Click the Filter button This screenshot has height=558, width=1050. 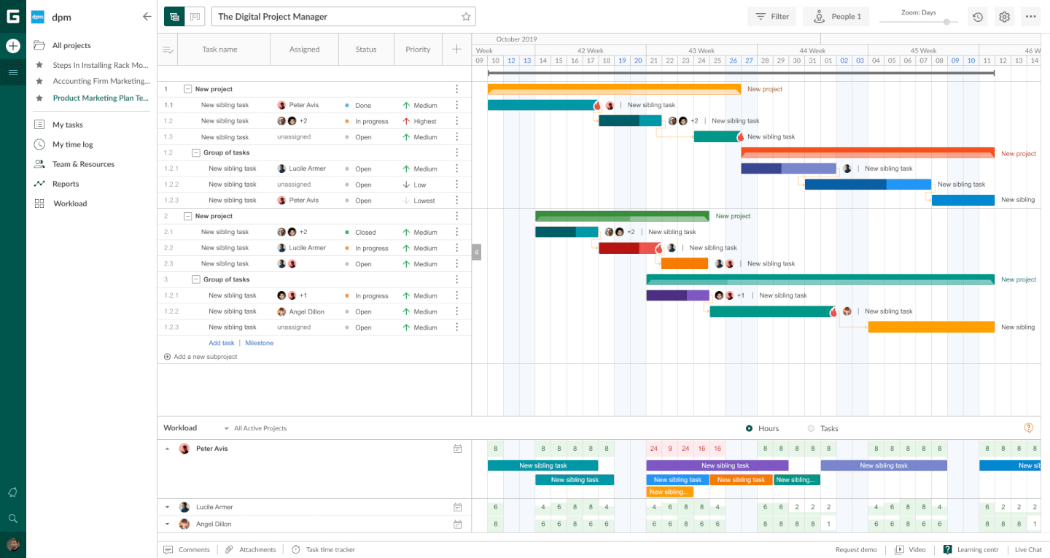coord(772,17)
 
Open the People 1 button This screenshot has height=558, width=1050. coord(836,17)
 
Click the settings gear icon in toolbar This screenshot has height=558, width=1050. coord(1004,17)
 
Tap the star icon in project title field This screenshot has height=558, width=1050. coord(466,17)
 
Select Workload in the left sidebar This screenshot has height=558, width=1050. coord(69,204)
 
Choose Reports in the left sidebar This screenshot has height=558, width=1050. coord(65,184)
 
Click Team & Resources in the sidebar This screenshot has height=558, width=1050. coord(82,164)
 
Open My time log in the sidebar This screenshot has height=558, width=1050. coord(72,144)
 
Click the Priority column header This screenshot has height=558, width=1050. coord(418,50)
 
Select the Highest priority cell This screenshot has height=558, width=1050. coord(424,122)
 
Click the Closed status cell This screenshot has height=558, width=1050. coord(365,233)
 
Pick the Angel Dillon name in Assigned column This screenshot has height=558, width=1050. coord(306,311)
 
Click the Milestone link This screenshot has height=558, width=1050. coord(259,343)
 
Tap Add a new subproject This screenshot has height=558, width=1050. coord(205,357)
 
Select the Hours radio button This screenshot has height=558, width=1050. coord(749,428)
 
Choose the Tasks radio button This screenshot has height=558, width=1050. coord(811,428)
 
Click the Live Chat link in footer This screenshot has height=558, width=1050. coord(1028,550)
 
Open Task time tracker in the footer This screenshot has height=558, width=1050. coord(330,550)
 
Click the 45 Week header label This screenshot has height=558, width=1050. coord(922,50)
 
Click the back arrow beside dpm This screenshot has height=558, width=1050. coord(147,17)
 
